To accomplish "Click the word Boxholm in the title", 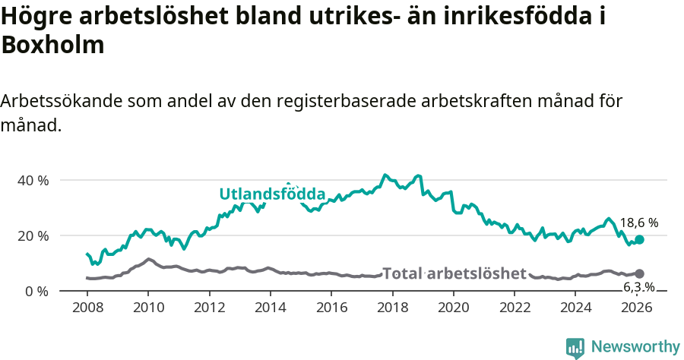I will (x=52, y=46).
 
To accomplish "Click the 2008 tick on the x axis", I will (x=87, y=307).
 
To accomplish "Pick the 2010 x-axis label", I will (x=148, y=307).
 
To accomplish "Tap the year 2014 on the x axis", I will (x=270, y=307).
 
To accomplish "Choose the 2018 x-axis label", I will (x=392, y=307).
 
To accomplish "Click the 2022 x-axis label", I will (x=515, y=307).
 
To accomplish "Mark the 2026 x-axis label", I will (x=637, y=307).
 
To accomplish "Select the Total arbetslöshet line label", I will (x=454, y=273).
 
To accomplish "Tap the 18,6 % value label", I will (x=638, y=223).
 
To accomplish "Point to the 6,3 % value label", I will (x=638, y=287).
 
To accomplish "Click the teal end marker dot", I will (x=640, y=239).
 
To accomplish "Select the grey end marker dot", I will (x=640, y=273).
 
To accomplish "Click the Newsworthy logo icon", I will (x=575, y=347).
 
